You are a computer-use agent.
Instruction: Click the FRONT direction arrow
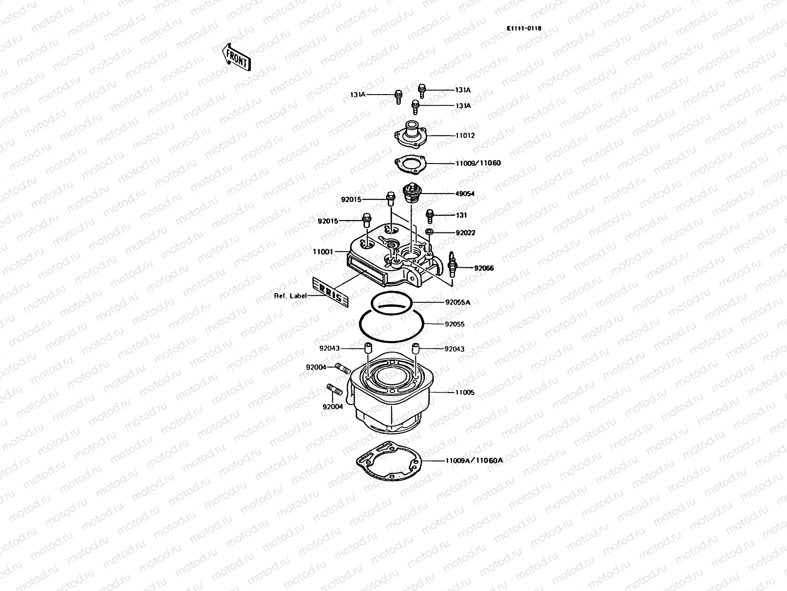tap(237, 57)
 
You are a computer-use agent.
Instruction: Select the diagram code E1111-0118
tap(524, 29)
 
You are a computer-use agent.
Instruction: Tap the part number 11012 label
tap(465, 135)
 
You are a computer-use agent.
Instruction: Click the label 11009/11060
tap(478, 163)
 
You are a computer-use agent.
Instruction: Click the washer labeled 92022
tap(429, 231)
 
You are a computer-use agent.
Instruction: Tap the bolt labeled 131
tap(429, 215)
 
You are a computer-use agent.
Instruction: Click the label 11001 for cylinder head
tap(323, 252)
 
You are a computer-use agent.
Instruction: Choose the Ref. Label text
tap(290, 296)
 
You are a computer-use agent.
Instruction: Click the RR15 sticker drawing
tap(331, 294)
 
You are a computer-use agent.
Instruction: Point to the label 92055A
tap(457, 302)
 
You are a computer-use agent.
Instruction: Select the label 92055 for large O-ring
tap(454, 325)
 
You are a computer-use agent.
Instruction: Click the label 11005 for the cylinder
tap(464, 393)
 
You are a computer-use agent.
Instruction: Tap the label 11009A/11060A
tap(474, 460)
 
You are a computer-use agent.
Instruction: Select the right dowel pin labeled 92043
tap(415, 349)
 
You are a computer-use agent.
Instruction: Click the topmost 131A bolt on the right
tap(422, 90)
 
